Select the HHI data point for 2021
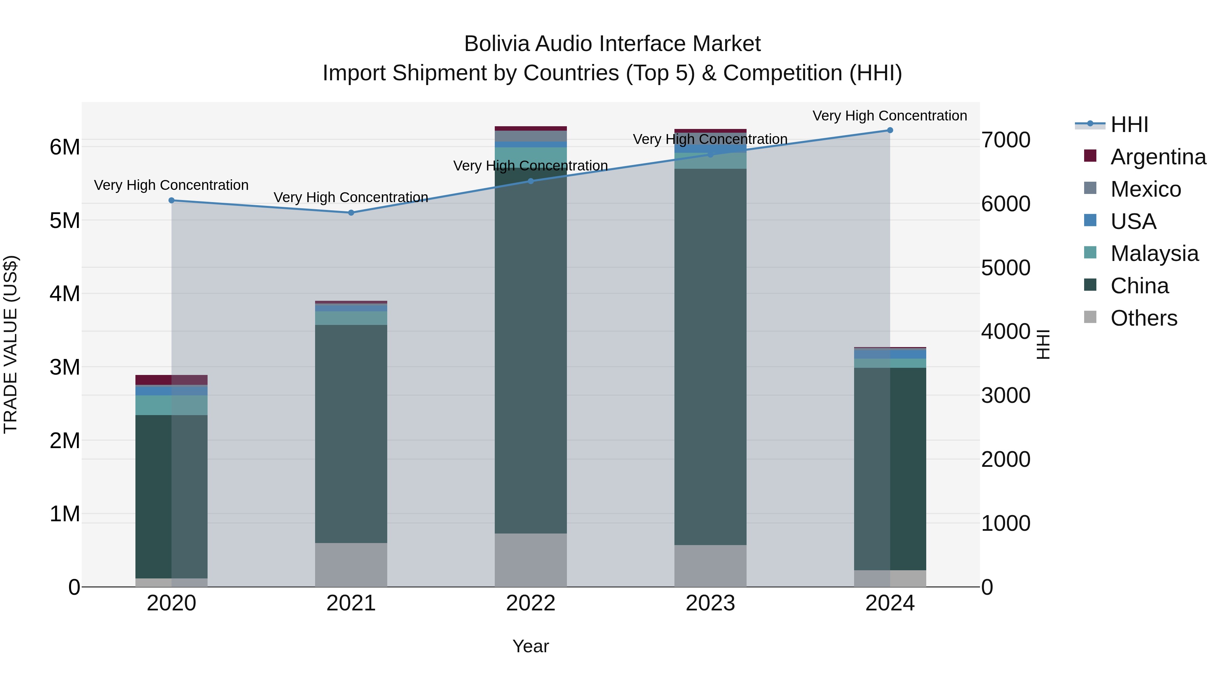[x=351, y=213]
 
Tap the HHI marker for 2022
[x=531, y=181]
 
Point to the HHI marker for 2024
[x=890, y=130]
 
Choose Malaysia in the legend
[x=1154, y=253]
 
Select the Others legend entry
[x=1144, y=318]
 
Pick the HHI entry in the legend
[x=1129, y=125]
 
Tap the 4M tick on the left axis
[x=65, y=293]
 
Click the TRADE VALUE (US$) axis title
[x=11, y=344]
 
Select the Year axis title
[x=531, y=646]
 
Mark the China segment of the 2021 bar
[x=351, y=434]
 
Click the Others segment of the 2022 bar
[x=531, y=560]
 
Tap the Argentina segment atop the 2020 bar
[x=172, y=380]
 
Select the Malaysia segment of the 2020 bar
[x=172, y=405]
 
